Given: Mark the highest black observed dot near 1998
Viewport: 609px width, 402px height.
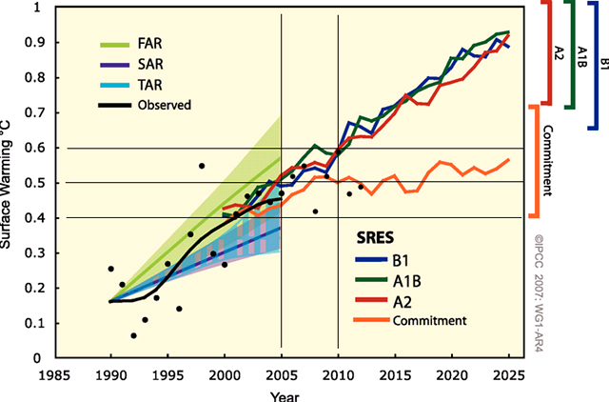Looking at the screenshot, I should pos(202,166).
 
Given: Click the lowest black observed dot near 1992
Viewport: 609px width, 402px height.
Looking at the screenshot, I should pos(133,335).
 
